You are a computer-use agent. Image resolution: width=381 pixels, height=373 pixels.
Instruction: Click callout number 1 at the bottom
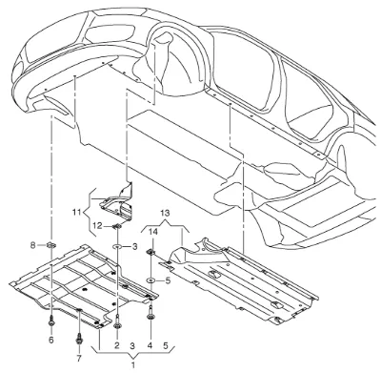click(133, 364)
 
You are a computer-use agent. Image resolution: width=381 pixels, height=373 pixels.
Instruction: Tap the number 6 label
click(51, 340)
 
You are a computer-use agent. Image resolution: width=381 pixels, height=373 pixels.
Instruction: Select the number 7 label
click(79, 359)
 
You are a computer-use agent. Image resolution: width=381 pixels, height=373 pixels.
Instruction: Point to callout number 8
click(32, 245)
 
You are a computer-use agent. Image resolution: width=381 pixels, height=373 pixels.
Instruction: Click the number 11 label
click(77, 212)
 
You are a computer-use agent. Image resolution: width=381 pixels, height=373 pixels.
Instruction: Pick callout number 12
click(97, 226)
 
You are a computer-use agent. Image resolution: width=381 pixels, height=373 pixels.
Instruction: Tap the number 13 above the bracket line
click(165, 213)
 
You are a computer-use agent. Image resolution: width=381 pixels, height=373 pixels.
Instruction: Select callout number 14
click(153, 232)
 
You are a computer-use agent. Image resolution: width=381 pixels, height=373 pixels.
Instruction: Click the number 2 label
click(117, 345)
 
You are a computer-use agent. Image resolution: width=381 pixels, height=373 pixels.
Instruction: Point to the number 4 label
click(150, 345)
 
